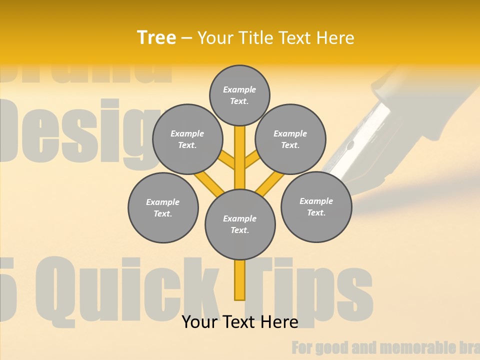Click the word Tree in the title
[x=156, y=37]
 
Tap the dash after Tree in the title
[x=186, y=38]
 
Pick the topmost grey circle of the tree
[x=239, y=95]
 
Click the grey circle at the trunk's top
[x=240, y=224]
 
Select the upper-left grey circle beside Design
[x=187, y=139]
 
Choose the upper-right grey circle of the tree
[x=290, y=139]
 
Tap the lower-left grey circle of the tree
[x=163, y=207]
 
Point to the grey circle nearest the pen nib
[x=316, y=206]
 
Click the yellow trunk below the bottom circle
[x=240, y=280]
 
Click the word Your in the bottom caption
[x=199, y=322]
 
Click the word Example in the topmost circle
[x=239, y=89]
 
